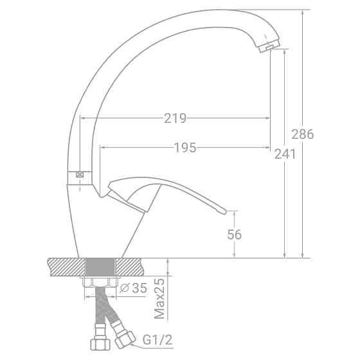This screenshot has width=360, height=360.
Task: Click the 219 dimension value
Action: coord(175,118)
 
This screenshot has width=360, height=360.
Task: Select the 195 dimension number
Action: coord(185,148)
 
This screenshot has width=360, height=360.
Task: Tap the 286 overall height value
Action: coord(303,134)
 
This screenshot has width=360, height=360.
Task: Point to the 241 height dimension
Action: coord(285,154)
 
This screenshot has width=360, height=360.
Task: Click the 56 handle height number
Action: coord(235,235)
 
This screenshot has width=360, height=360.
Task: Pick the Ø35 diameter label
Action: coord(134,288)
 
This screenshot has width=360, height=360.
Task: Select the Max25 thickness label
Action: coord(159,298)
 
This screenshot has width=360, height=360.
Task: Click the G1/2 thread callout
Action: coord(157,340)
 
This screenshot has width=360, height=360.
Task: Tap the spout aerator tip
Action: coord(269,46)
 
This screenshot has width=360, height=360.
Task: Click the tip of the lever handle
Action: coord(225,212)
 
